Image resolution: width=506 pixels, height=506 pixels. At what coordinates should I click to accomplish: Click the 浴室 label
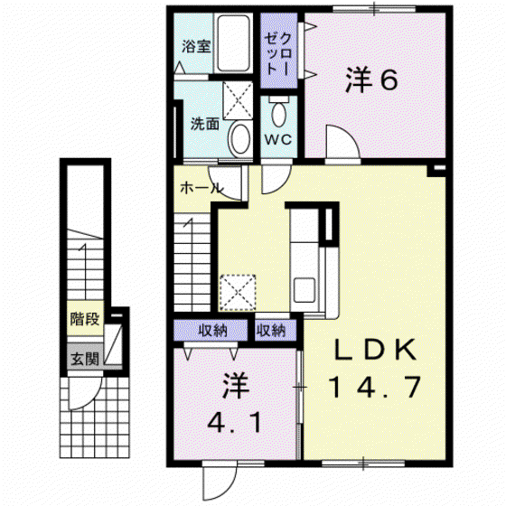click(x=196, y=46)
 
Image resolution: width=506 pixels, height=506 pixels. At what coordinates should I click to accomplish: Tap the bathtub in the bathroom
click(x=233, y=43)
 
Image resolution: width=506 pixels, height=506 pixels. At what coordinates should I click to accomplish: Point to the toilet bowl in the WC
click(x=278, y=112)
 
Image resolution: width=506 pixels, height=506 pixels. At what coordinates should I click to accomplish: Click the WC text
click(x=278, y=140)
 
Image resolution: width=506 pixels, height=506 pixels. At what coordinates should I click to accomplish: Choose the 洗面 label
click(x=205, y=124)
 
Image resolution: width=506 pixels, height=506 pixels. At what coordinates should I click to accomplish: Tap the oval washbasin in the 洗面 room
click(x=239, y=139)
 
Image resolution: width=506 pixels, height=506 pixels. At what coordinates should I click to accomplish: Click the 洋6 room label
click(x=371, y=80)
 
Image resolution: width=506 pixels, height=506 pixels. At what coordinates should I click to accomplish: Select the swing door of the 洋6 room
click(x=342, y=142)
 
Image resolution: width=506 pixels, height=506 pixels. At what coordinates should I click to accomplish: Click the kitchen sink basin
click(x=305, y=290)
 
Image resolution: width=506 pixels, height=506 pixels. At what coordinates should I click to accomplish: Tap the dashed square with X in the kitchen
click(x=238, y=293)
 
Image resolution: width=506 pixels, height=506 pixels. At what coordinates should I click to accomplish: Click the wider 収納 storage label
click(x=212, y=331)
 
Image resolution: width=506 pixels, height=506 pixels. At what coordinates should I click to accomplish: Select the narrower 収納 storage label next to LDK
click(x=271, y=330)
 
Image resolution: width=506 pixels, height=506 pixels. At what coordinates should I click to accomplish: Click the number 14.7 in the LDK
click(x=375, y=387)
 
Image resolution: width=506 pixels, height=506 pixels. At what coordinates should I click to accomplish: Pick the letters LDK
click(x=375, y=350)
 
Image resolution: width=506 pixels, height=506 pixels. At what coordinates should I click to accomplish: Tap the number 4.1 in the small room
click(x=235, y=422)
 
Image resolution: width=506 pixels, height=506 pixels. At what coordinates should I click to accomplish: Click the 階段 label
click(x=85, y=319)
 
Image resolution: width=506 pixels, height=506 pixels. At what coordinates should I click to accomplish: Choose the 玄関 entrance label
click(x=85, y=358)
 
